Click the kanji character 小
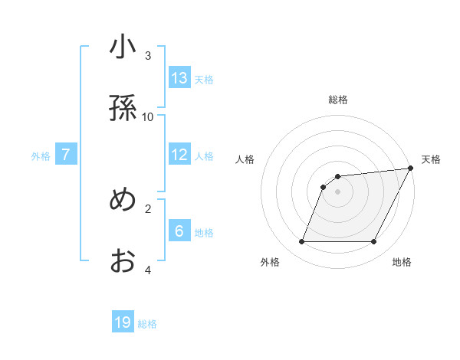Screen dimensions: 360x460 pyautogui.click(x=123, y=49)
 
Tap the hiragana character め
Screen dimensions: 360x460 pyautogui.click(x=123, y=200)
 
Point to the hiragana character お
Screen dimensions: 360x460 pyautogui.click(x=123, y=261)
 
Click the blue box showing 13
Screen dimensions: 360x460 pyautogui.click(x=179, y=77)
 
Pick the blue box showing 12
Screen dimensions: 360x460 pyautogui.click(x=179, y=155)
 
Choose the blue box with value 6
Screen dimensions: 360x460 pyautogui.click(x=179, y=231)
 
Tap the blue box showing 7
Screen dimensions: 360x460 pyautogui.click(x=66, y=155)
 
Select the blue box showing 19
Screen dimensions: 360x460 pyautogui.click(x=123, y=322)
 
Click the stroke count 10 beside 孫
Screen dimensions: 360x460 pyautogui.click(x=148, y=116)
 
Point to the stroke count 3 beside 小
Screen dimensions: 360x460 pyautogui.click(x=148, y=56)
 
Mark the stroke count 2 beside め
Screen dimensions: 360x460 pyautogui.click(x=148, y=208)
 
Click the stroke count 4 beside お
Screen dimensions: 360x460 pyautogui.click(x=148, y=270)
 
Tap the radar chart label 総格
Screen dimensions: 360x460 pyautogui.click(x=338, y=100)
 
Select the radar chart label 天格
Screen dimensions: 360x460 pyautogui.click(x=431, y=159)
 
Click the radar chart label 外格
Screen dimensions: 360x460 pyautogui.click(x=270, y=262)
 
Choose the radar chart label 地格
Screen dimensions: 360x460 pyautogui.click(x=402, y=262)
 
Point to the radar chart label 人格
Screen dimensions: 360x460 pyautogui.click(x=245, y=159)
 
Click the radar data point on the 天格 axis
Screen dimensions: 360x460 pyautogui.click(x=411, y=169)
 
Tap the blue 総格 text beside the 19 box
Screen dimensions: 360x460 pyautogui.click(x=147, y=323)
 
